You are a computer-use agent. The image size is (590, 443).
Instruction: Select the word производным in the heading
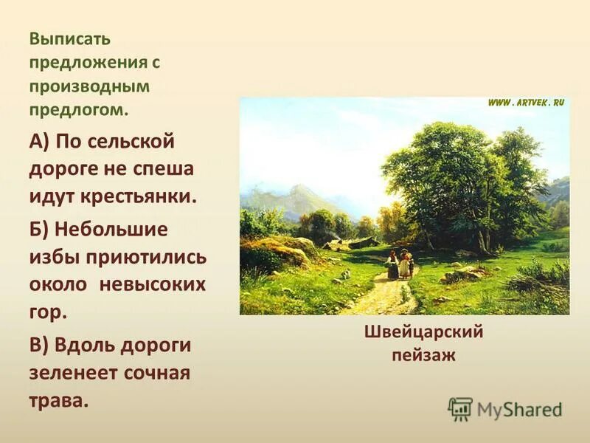(x=89, y=86)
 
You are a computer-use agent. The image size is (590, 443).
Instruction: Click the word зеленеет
(x=72, y=374)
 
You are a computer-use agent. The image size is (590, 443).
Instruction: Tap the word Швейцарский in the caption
(x=423, y=332)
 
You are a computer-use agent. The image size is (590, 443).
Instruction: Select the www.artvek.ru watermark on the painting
(x=525, y=103)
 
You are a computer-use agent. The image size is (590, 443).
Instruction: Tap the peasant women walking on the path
(x=399, y=264)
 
